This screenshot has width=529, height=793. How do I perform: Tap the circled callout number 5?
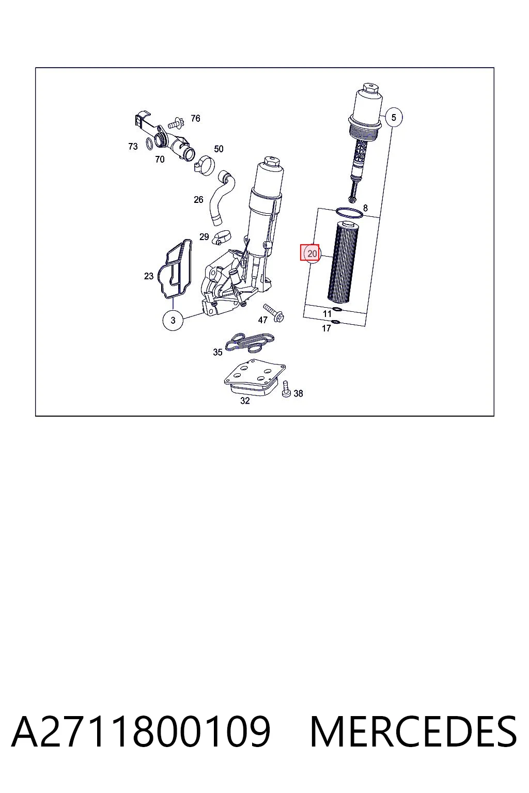(x=393, y=117)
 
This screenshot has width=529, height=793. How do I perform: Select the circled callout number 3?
(x=173, y=321)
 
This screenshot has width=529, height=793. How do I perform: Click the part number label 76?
(x=195, y=118)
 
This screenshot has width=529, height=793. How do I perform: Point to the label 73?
(x=133, y=146)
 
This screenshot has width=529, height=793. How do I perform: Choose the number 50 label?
(x=219, y=149)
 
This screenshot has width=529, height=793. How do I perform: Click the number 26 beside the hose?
(x=198, y=200)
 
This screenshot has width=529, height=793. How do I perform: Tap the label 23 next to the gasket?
(x=149, y=276)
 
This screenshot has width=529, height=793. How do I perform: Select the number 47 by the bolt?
(x=262, y=320)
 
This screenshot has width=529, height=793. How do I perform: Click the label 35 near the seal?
(x=217, y=352)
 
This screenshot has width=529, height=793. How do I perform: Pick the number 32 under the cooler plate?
(x=245, y=401)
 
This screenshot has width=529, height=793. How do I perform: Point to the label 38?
(x=299, y=393)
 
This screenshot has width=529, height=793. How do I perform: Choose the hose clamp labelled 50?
(x=205, y=166)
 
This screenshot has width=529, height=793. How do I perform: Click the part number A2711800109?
(x=141, y=732)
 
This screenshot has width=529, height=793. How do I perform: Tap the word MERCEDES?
(x=413, y=732)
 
